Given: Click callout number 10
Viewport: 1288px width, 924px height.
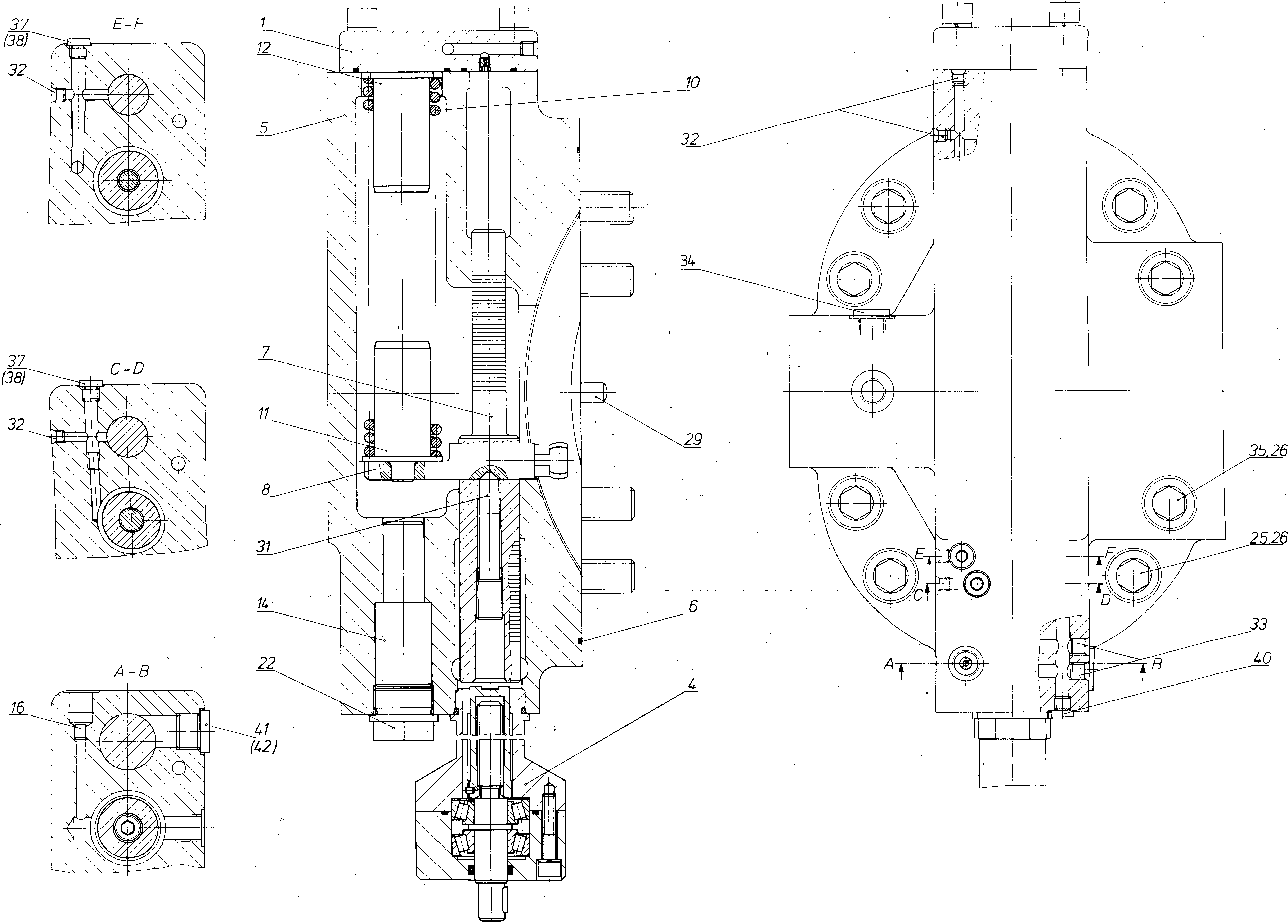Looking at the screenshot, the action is [692, 82].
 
